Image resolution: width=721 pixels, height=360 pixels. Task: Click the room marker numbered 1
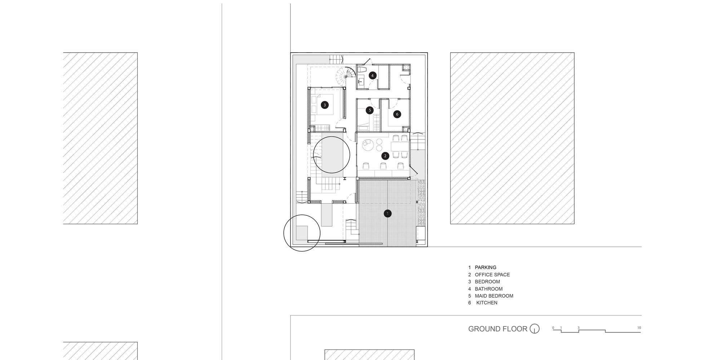pyautogui.click(x=388, y=214)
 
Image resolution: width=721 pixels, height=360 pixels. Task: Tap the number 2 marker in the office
pyautogui.click(x=385, y=156)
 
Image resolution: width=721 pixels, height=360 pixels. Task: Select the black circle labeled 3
pyautogui.click(x=325, y=105)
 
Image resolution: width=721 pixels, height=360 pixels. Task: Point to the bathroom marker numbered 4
pyautogui.click(x=372, y=76)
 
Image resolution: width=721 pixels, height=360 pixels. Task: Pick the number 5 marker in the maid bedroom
pyautogui.click(x=370, y=110)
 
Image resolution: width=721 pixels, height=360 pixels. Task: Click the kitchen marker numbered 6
pyautogui.click(x=397, y=114)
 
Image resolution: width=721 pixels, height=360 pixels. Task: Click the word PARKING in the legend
pyautogui.click(x=485, y=267)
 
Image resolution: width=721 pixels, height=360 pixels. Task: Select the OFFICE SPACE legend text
pyautogui.click(x=492, y=275)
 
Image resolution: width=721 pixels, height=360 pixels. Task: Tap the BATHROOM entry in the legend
pyautogui.click(x=488, y=289)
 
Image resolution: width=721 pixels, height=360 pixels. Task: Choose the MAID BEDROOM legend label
pyautogui.click(x=494, y=296)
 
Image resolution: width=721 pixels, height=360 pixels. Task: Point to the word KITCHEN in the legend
pyautogui.click(x=487, y=303)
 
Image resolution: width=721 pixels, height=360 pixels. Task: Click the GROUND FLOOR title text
pyautogui.click(x=497, y=329)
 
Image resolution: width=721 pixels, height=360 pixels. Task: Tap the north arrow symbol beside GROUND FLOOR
pyautogui.click(x=535, y=329)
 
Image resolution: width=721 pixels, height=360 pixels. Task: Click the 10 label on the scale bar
pyautogui.click(x=639, y=328)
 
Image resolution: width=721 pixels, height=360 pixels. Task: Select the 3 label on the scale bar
pyautogui.click(x=579, y=328)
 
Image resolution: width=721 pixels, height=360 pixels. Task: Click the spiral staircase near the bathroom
pyautogui.click(x=344, y=76)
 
